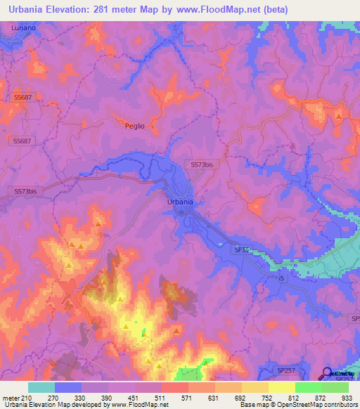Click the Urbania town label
[x=180, y=202]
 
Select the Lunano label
[x=23, y=27]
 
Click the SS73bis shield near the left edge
[x=25, y=190]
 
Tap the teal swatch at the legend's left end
[x=41, y=387]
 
